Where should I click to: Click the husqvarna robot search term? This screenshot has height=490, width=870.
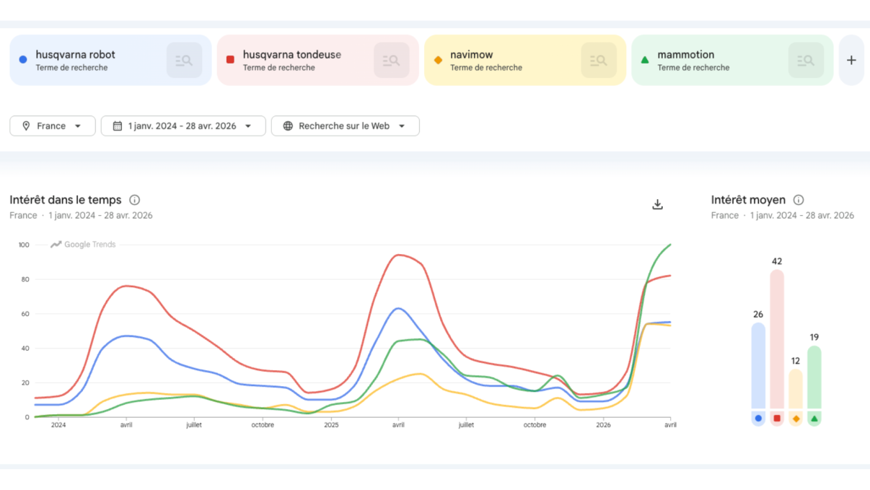point(75,55)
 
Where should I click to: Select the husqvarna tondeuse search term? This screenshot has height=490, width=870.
point(291,55)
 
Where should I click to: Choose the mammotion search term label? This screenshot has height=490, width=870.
point(685,55)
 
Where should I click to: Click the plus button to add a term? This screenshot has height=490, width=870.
point(851,61)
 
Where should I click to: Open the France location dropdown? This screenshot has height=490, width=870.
point(53,126)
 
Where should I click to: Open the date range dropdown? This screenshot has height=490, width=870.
point(183,126)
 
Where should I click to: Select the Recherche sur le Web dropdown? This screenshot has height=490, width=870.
point(345,126)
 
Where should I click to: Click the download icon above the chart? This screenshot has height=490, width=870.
point(657,205)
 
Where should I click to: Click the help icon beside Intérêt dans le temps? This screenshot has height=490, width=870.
point(134,200)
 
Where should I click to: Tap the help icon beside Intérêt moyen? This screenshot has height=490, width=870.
point(799,200)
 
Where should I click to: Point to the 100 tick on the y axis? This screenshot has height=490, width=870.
point(24,245)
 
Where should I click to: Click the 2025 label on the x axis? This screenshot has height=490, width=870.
point(330,425)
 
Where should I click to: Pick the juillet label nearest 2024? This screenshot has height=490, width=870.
point(193,425)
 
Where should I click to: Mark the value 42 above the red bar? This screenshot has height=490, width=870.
point(776,261)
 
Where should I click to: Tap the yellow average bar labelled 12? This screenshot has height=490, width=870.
point(795,390)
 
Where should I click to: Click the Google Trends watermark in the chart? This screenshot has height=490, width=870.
point(83,245)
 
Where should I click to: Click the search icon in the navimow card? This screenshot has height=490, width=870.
point(599,61)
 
